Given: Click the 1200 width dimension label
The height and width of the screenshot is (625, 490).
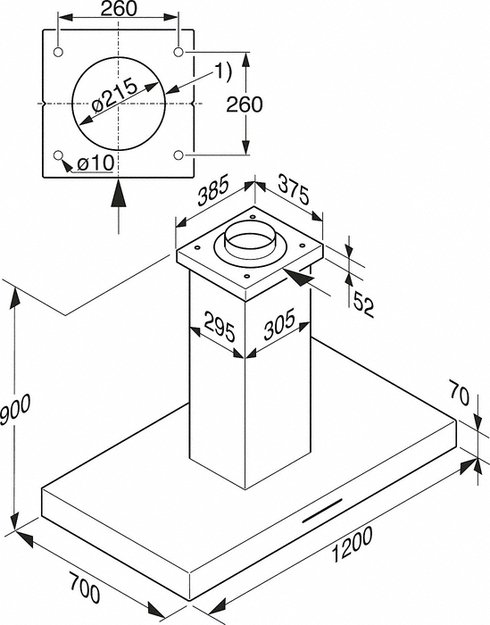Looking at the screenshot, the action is point(352,544).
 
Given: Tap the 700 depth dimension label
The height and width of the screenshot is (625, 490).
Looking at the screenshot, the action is point(85,587).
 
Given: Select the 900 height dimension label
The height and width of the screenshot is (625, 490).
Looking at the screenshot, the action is point(15,409).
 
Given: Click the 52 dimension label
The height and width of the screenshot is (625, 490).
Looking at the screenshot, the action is point(363,304).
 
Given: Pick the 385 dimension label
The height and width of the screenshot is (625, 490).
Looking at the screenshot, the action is point(214,190).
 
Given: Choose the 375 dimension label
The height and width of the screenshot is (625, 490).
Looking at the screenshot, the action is point(293,189).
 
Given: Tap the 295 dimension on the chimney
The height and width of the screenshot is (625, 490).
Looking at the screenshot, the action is point(219,327).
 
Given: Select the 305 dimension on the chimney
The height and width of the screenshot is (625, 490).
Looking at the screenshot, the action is point(279,324).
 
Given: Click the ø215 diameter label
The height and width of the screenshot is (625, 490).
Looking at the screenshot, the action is point(115,96).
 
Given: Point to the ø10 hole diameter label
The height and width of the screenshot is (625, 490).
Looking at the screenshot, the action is point(96,163).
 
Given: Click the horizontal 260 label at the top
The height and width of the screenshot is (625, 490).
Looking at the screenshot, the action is point(118,9).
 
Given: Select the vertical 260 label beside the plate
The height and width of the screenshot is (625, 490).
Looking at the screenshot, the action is point(244,104).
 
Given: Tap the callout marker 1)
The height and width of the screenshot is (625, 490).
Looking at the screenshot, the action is point(222,72).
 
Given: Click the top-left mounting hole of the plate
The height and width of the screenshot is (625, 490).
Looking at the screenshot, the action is point(58,52).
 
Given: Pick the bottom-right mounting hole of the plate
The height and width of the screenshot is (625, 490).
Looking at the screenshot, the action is point(179,155).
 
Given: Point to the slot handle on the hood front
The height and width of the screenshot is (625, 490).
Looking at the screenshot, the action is point(322,510).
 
